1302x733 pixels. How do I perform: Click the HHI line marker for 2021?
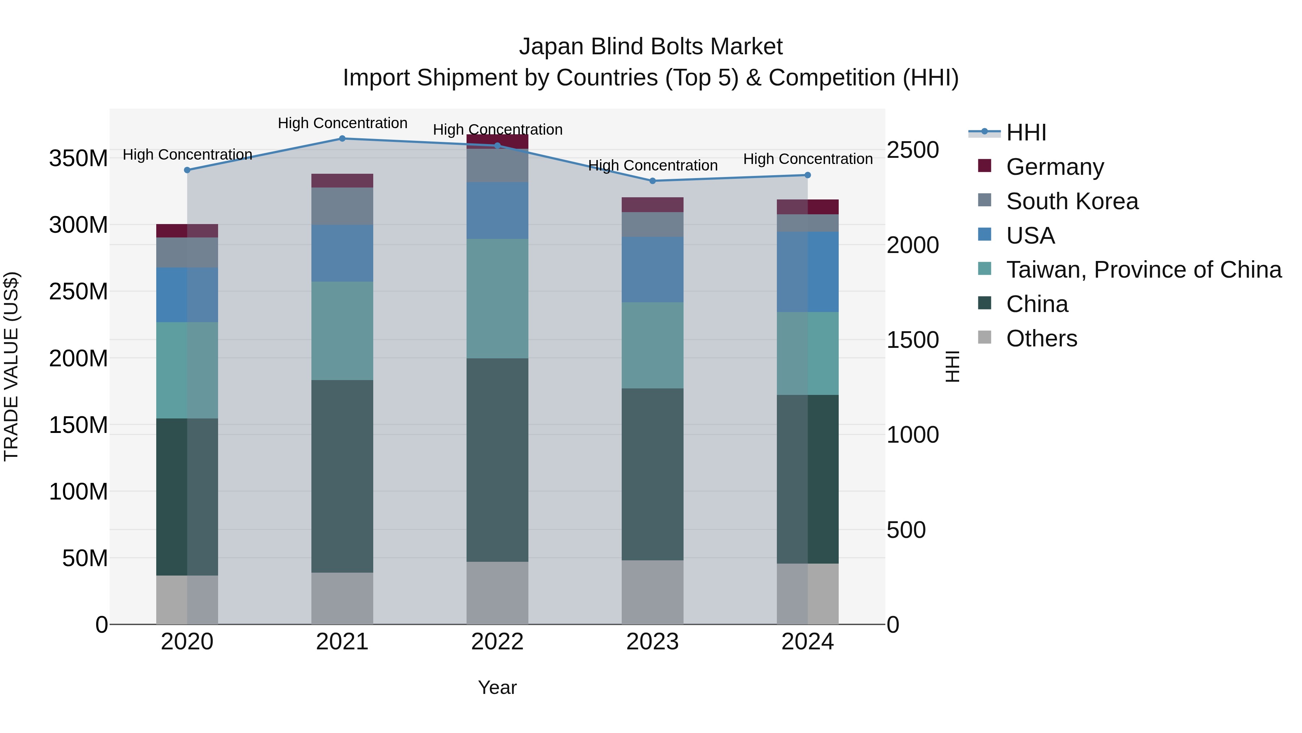click(x=342, y=139)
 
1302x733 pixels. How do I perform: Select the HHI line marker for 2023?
click(x=652, y=181)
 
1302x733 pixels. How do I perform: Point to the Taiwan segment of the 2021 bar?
click(x=342, y=330)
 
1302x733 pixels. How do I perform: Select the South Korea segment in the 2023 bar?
click(x=652, y=224)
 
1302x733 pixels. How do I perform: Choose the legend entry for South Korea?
click(x=1072, y=201)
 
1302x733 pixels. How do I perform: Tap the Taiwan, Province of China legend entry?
click(x=1143, y=270)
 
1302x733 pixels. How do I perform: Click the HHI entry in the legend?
click(x=1026, y=132)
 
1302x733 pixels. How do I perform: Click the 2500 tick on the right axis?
click(x=913, y=150)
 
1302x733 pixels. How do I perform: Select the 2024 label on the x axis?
click(x=807, y=642)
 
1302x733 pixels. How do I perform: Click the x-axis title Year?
click(x=497, y=687)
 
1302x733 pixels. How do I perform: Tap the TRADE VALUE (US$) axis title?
click(x=12, y=366)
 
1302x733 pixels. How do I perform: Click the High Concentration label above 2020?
click(x=187, y=154)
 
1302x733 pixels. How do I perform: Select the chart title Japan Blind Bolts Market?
click(x=651, y=47)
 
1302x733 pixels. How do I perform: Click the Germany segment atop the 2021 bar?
click(x=342, y=181)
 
